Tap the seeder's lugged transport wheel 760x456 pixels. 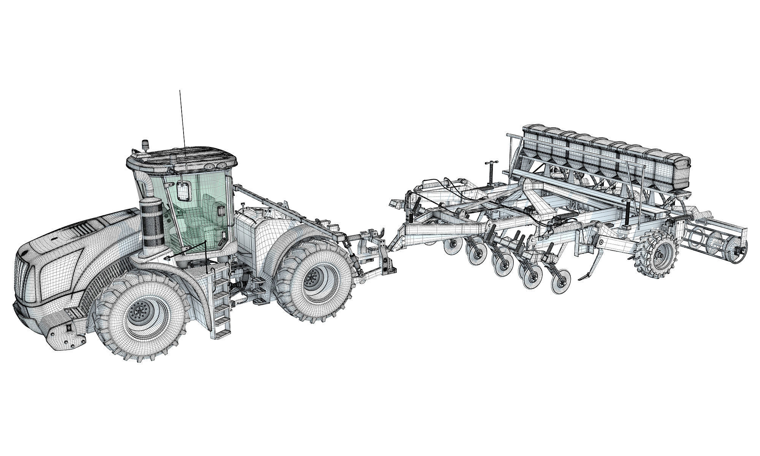(x=657, y=254)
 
